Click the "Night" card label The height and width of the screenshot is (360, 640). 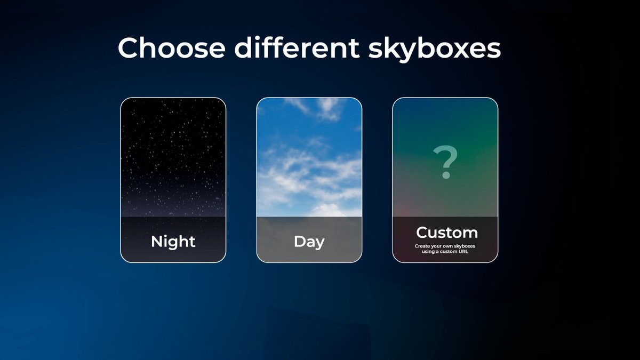tap(173, 242)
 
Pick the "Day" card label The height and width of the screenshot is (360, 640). tap(309, 242)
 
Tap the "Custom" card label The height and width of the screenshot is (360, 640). tap(446, 233)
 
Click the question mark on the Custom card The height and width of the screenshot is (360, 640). tap(445, 163)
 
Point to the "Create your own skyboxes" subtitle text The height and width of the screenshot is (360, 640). tap(445, 246)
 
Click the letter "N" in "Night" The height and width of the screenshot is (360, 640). tap(157, 242)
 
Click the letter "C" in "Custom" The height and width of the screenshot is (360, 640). tap(422, 233)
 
